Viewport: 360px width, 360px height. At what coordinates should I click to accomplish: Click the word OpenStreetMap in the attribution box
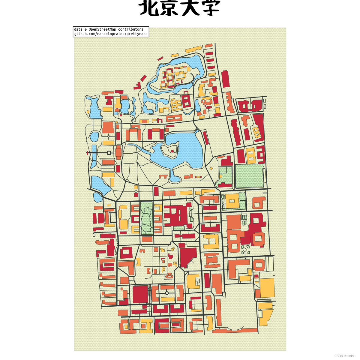[x=102, y=29]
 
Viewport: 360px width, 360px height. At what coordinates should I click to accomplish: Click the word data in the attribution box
[x=78, y=29]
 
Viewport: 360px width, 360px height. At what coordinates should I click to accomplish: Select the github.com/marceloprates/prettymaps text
[x=111, y=34]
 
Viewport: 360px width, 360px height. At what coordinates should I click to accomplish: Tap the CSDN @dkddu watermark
[x=345, y=356]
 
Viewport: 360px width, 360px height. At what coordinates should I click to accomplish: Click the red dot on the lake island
[x=172, y=151]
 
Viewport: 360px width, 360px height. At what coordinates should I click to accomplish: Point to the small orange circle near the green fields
[x=211, y=169]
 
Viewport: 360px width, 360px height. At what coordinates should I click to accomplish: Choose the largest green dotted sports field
[x=249, y=176]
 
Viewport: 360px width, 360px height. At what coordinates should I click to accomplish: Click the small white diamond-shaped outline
[x=245, y=250]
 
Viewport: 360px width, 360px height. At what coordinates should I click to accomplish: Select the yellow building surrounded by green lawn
[x=232, y=201]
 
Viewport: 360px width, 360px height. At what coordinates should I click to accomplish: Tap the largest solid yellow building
[x=267, y=288]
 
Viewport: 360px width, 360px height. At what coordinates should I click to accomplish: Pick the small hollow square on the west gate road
[x=109, y=153]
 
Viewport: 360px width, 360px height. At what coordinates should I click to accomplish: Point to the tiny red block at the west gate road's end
[x=87, y=153]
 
